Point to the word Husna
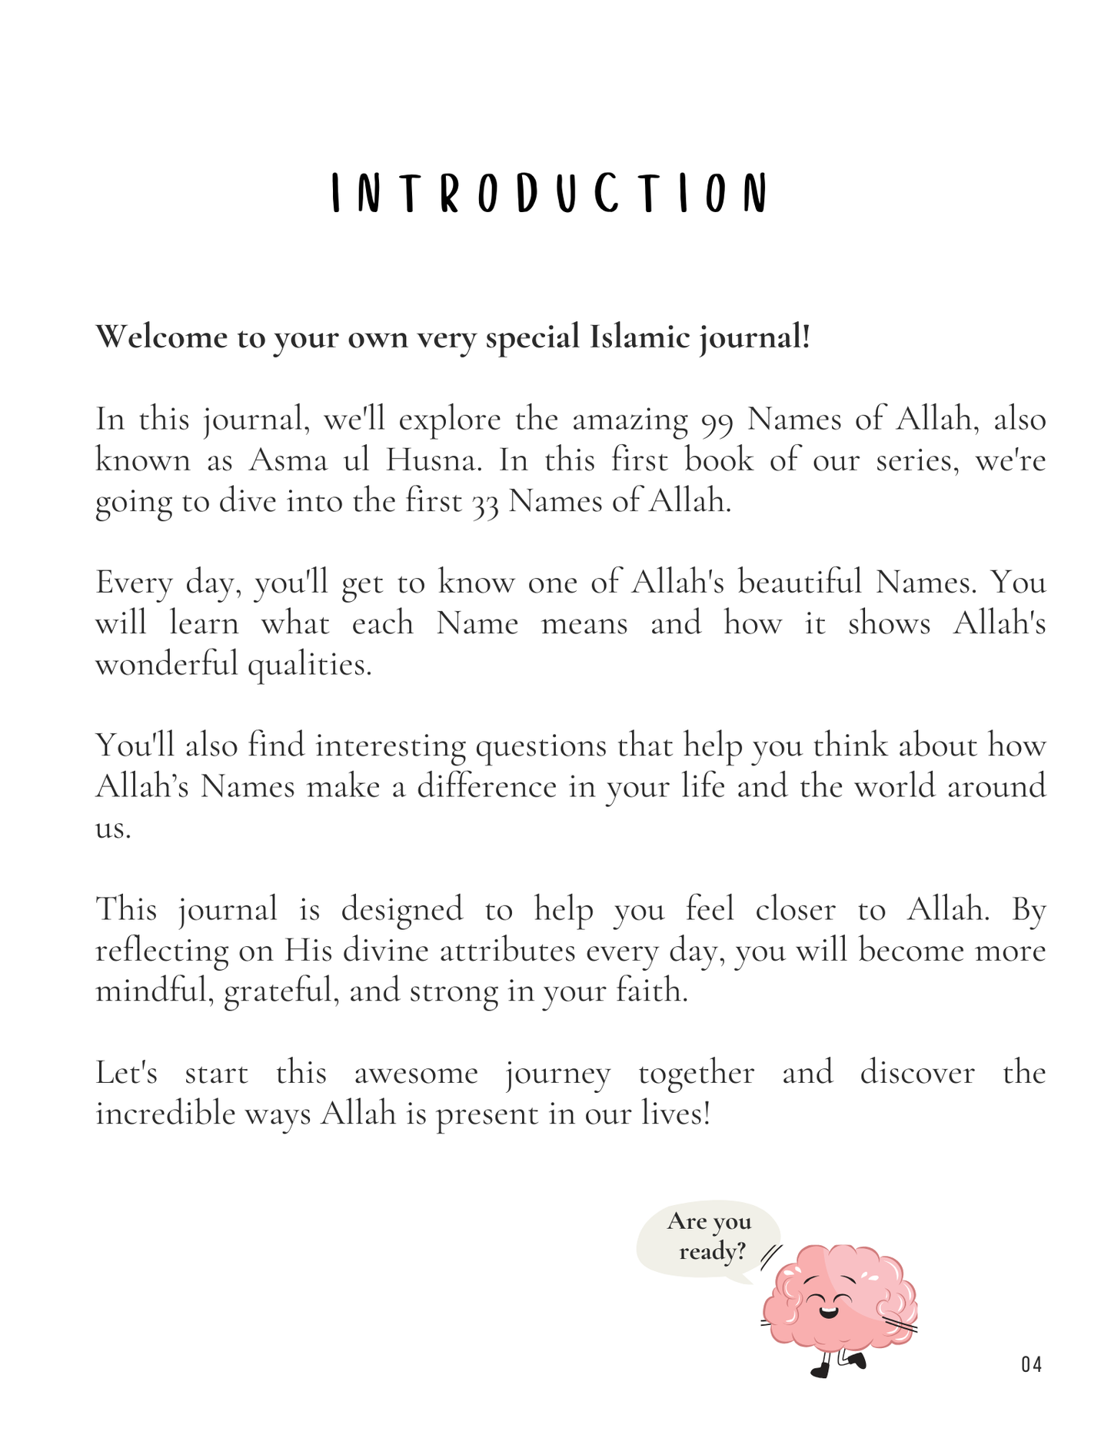[x=433, y=460]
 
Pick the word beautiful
[x=800, y=583]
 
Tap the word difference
[x=487, y=787]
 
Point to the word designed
[x=402, y=910]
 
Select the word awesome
[x=416, y=1073]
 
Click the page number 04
[x=1032, y=1365]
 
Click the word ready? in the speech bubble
[x=713, y=1252]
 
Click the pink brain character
[x=838, y=1299]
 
